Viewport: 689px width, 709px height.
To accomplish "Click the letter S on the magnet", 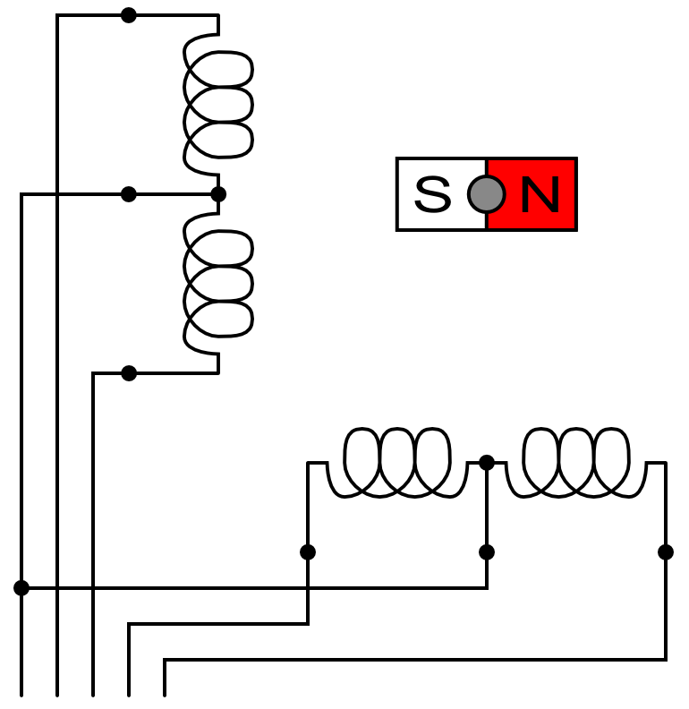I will [x=433, y=194].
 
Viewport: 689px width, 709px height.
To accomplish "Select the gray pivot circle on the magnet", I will [x=486, y=194].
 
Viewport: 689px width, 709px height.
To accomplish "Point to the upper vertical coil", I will [x=217, y=105].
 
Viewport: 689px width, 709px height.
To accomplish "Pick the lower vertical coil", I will [x=217, y=284].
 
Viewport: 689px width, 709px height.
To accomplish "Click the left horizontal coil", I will [x=396, y=463].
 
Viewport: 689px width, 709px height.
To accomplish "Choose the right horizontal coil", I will [x=575, y=463].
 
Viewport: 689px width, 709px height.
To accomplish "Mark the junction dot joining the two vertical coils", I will [x=217, y=194].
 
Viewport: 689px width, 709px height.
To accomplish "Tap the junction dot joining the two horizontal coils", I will [x=487, y=462].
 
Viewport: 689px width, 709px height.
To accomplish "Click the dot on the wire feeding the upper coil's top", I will [x=129, y=15].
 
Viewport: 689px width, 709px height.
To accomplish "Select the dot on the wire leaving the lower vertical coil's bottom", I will [x=129, y=373].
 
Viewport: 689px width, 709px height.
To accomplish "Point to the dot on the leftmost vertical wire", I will [x=21, y=588].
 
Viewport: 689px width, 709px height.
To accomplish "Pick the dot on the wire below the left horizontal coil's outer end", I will [x=308, y=552].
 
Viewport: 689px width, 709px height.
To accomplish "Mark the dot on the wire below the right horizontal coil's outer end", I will [x=666, y=552].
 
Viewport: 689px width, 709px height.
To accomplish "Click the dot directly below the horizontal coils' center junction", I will [x=487, y=552].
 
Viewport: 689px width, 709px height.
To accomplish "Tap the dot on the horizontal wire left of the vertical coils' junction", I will [x=129, y=194].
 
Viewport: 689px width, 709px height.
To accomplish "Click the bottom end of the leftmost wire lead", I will [x=21, y=694].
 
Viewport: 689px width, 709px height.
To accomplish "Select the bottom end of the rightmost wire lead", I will [x=165, y=694].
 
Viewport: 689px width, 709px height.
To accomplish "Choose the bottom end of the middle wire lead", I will [x=93, y=694].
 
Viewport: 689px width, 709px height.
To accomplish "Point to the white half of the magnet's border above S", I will [x=442, y=160].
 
